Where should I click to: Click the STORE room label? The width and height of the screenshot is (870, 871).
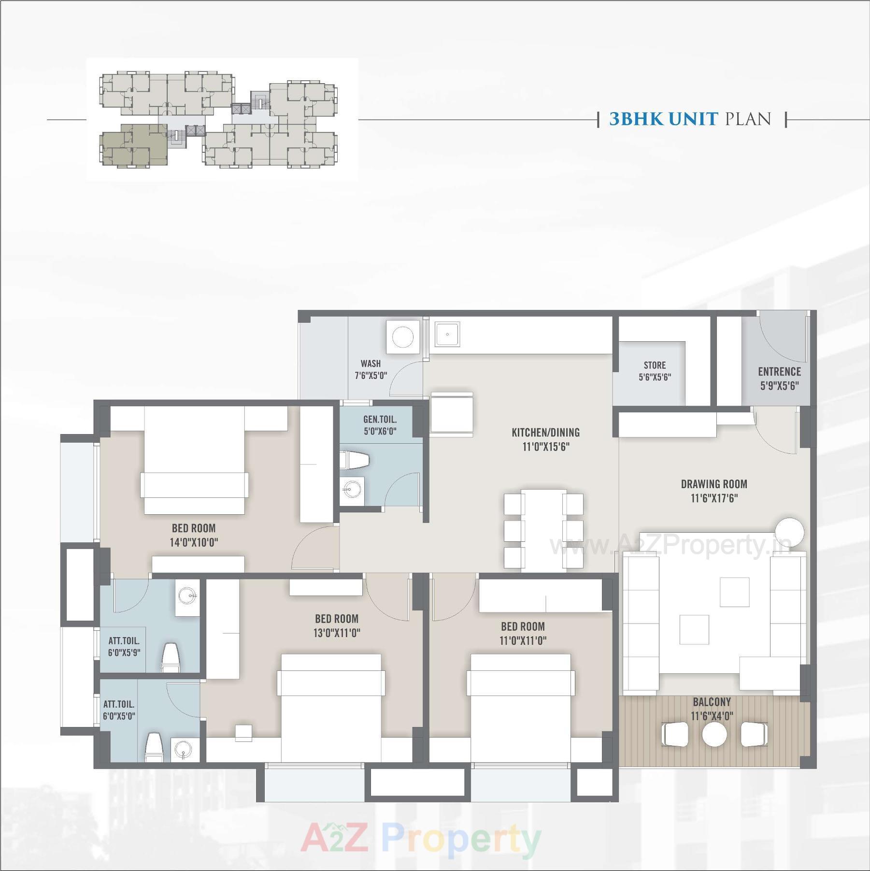coord(655,365)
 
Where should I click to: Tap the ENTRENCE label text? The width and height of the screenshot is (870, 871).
coord(779,372)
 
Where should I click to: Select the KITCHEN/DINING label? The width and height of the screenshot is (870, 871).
coord(545,433)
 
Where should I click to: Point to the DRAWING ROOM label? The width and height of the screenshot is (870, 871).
coord(714,484)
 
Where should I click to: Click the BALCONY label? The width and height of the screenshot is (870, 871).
coord(712,702)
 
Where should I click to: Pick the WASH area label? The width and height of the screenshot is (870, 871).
coord(371,363)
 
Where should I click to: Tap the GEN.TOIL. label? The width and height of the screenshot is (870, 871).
coord(380,420)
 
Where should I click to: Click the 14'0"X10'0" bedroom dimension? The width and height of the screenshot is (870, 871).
coord(194,542)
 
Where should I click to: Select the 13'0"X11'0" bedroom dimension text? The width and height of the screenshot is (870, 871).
coord(337,633)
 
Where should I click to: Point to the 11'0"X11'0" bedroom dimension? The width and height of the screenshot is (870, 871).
coord(523,640)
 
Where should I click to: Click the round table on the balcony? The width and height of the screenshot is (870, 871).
coord(714,735)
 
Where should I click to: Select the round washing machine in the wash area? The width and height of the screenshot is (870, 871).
coord(402,336)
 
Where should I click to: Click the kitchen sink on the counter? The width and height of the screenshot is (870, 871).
coord(447,334)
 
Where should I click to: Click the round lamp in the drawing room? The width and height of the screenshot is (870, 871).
coord(790,531)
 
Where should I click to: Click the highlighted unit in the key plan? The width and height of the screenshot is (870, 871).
coord(133,145)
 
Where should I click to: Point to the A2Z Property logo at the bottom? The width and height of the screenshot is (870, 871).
coord(420,839)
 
